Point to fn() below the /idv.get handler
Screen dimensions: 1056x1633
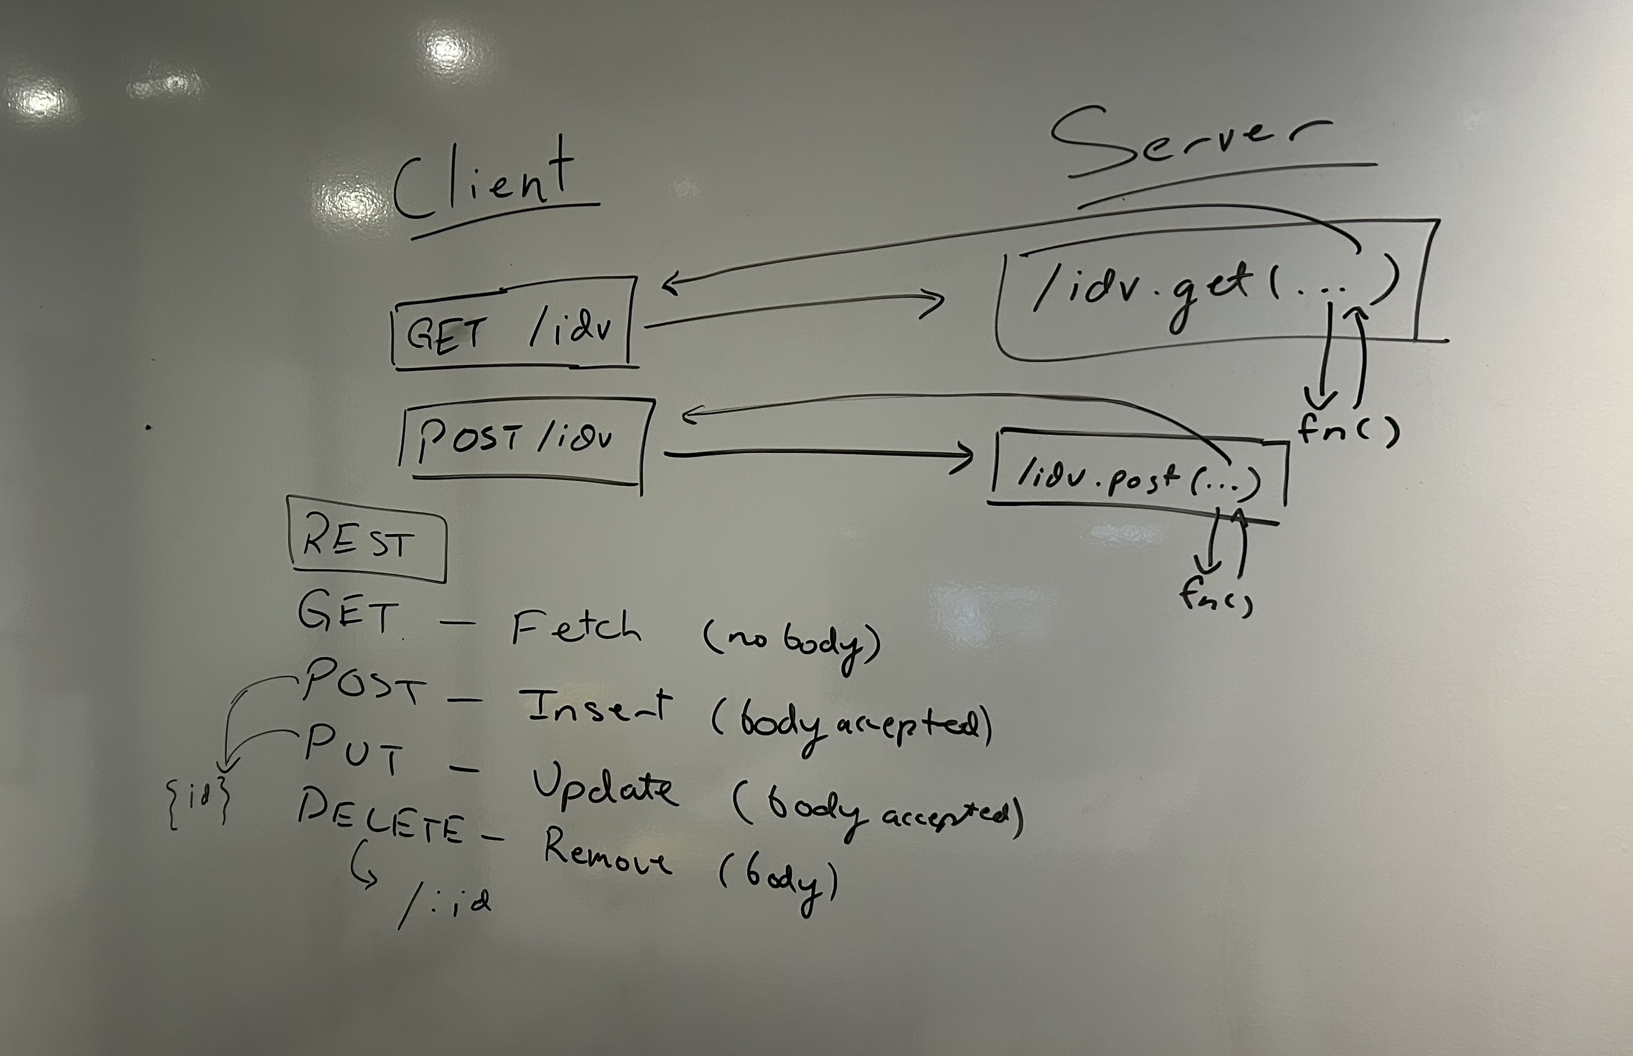click(x=1347, y=431)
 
